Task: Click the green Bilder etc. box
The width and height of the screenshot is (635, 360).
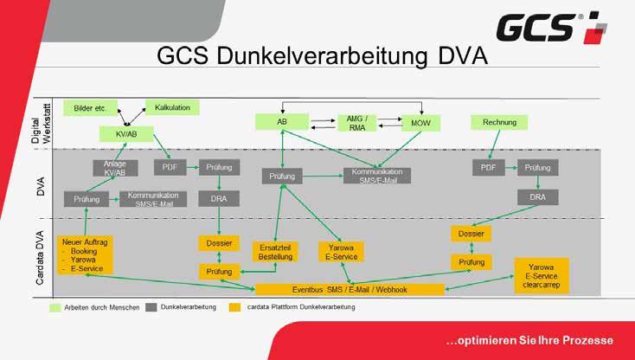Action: point(90,108)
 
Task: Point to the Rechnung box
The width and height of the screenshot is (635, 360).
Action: point(500,122)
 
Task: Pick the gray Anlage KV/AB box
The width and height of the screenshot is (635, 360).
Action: point(115,168)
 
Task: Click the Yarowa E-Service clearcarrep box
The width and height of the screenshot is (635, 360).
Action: point(542,275)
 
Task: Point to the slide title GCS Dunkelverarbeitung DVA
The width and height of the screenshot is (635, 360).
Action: point(322,56)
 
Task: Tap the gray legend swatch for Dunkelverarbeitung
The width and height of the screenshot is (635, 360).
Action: point(151,307)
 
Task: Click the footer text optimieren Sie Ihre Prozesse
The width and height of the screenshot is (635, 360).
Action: point(529,338)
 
